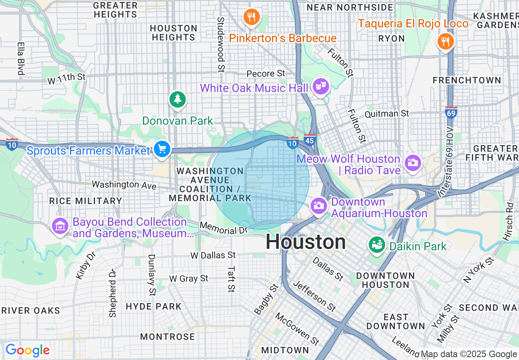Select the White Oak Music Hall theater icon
[x=321, y=86]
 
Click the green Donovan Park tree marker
[x=177, y=99]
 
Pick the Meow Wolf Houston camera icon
[x=413, y=163]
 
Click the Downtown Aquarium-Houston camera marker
[x=318, y=205]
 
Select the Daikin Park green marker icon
[x=377, y=245]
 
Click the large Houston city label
[x=306, y=242]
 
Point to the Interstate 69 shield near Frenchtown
[x=451, y=112]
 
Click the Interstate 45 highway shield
[x=310, y=139]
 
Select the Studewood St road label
[x=221, y=44]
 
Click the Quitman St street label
[x=386, y=114]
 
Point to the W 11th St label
[x=66, y=77]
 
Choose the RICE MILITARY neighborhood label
[x=86, y=201]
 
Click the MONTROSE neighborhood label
[x=167, y=337]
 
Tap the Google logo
[x=27, y=350]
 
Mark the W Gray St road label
[x=189, y=279]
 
